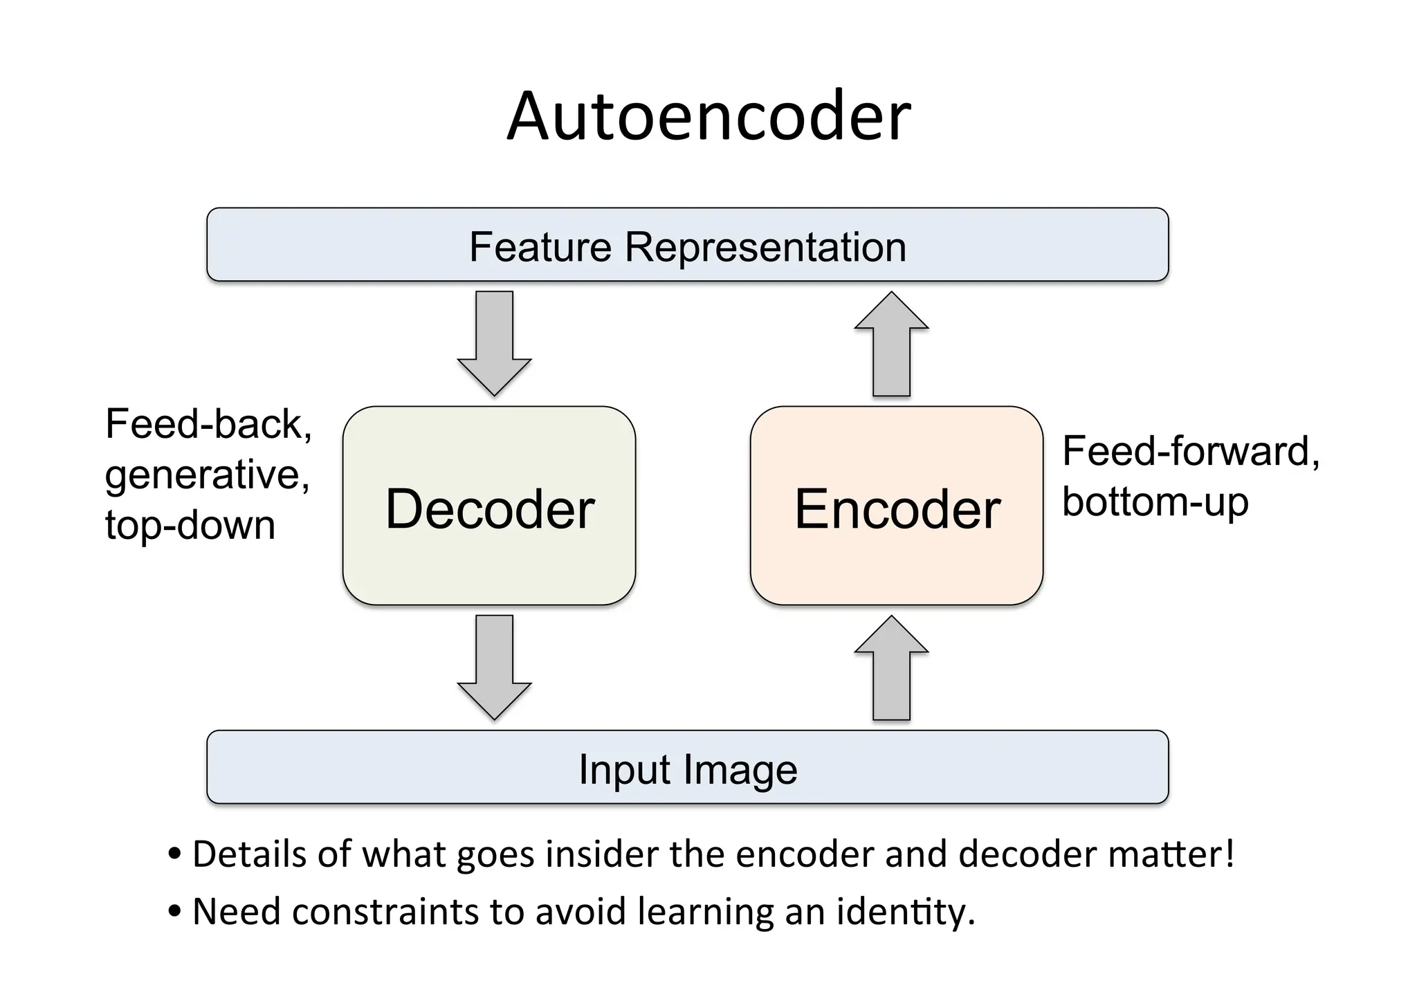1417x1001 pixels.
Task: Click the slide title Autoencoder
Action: (708, 116)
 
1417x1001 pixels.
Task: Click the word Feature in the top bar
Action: (540, 247)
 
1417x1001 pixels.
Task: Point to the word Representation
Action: (765, 247)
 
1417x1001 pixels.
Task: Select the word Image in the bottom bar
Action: (741, 770)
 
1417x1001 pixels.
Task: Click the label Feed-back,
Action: (208, 423)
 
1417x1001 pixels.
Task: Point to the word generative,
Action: (207, 475)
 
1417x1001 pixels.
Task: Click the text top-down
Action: (190, 525)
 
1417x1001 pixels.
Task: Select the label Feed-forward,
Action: (1191, 451)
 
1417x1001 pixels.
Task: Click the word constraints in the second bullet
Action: (385, 912)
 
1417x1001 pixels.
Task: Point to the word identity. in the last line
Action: (906, 912)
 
